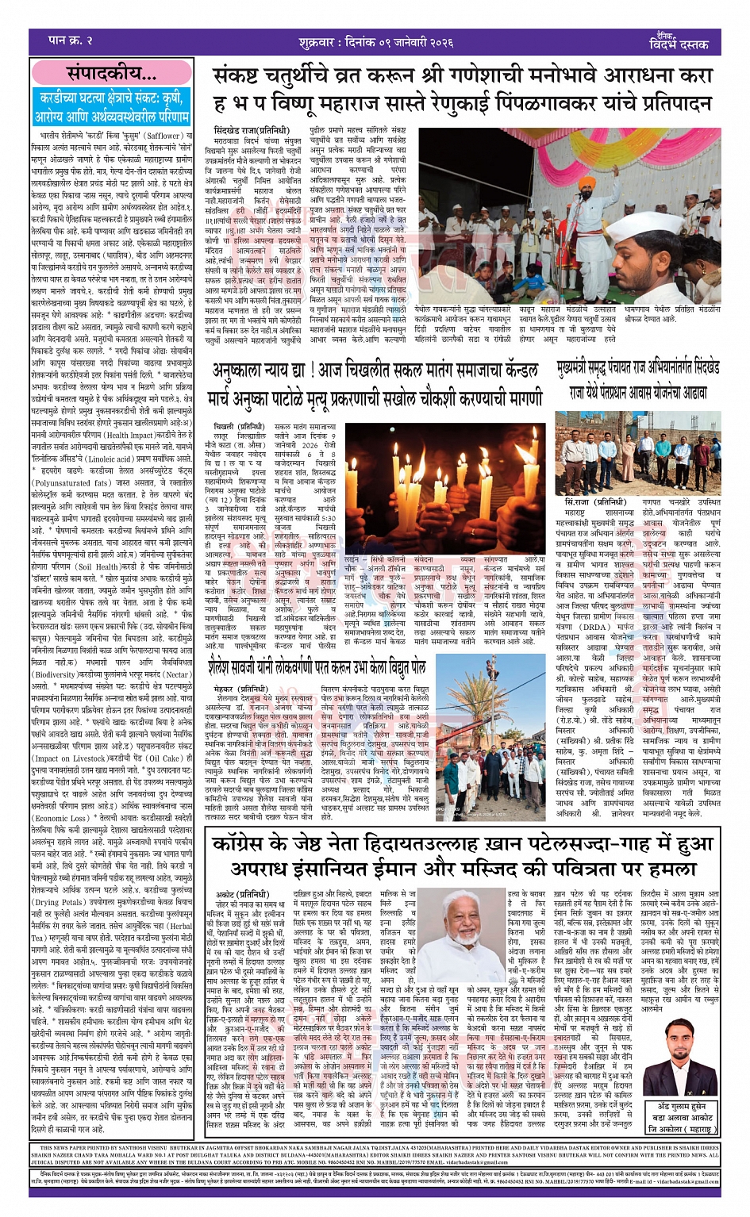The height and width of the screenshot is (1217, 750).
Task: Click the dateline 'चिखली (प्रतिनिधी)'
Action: (237, 426)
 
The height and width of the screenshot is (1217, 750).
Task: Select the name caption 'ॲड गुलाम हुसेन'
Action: (681, 1106)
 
